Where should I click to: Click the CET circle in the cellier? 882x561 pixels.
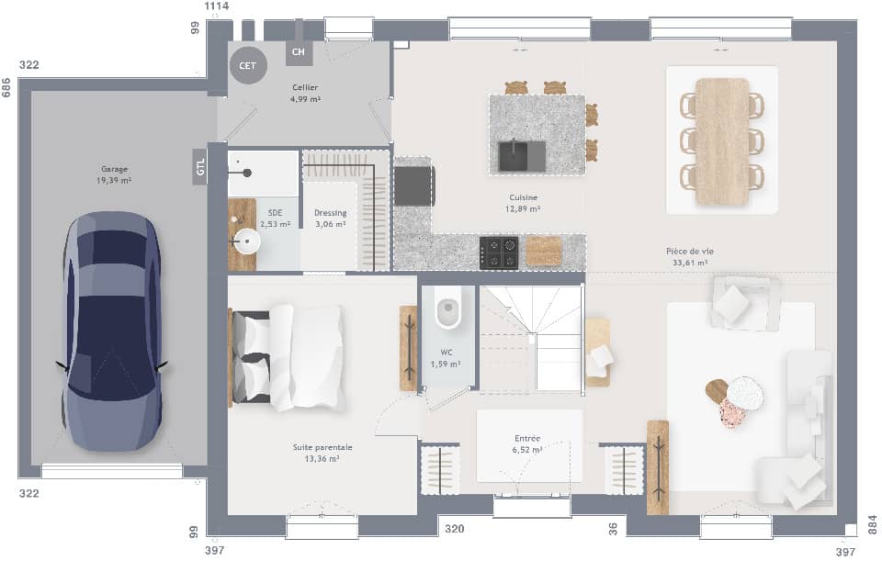[x=248, y=65]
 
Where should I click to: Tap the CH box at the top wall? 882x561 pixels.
[x=299, y=52]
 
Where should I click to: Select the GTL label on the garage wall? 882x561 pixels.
[x=199, y=166]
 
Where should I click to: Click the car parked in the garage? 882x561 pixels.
[x=112, y=331]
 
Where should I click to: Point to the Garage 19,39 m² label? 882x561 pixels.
[x=115, y=174]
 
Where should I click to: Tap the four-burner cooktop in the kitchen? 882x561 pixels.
[x=499, y=252]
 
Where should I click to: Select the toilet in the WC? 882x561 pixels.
[x=448, y=311]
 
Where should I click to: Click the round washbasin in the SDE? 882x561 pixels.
[x=246, y=243]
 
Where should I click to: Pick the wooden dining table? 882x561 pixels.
[x=722, y=140]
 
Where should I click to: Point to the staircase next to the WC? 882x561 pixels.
[x=531, y=337]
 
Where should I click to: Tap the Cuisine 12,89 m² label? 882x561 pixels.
[x=524, y=203]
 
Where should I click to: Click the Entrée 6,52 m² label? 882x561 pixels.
[x=528, y=444]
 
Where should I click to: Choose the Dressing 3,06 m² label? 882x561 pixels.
[x=330, y=218]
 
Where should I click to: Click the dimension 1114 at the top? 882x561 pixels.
[x=216, y=6]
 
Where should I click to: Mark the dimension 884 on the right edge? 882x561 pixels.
[x=873, y=524]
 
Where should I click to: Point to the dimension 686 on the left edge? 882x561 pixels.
[x=6, y=87]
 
